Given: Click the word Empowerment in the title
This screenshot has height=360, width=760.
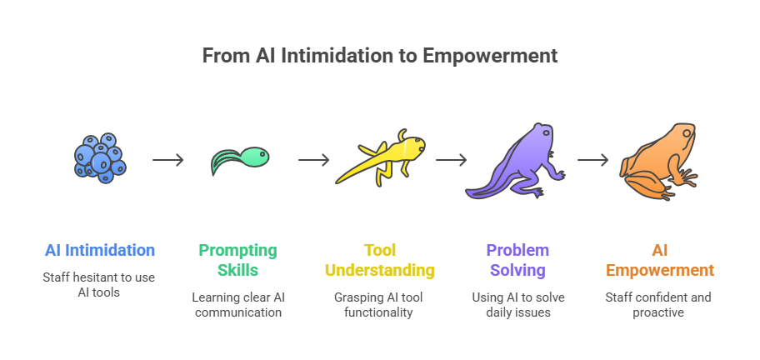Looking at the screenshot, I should click(x=489, y=57).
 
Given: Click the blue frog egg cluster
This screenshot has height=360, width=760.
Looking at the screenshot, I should click(x=98, y=157).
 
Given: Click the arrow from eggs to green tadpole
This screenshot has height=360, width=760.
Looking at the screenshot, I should click(x=168, y=160).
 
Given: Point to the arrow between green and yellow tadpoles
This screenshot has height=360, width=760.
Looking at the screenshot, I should click(x=313, y=160).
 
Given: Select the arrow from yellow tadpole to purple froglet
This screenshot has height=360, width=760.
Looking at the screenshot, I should click(x=451, y=160).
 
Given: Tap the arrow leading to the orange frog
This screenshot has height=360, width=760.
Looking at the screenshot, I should click(x=592, y=160).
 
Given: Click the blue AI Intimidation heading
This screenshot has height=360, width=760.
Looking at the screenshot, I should click(x=99, y=250).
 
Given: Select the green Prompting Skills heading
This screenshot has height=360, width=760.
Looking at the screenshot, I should click(x=237, y=260).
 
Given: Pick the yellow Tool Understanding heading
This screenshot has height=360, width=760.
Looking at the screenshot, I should click(x=378, y=260).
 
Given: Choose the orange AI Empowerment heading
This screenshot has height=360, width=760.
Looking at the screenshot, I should click(x=659, y=260).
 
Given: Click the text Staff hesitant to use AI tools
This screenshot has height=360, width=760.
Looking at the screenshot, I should click(x=99, y=286).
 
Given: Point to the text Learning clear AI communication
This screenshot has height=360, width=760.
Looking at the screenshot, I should click(x=237, y=306).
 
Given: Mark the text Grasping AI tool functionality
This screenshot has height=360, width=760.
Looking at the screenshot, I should click(x=378, y=306).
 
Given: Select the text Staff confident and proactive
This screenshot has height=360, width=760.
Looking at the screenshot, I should click(x=659, y=306).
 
